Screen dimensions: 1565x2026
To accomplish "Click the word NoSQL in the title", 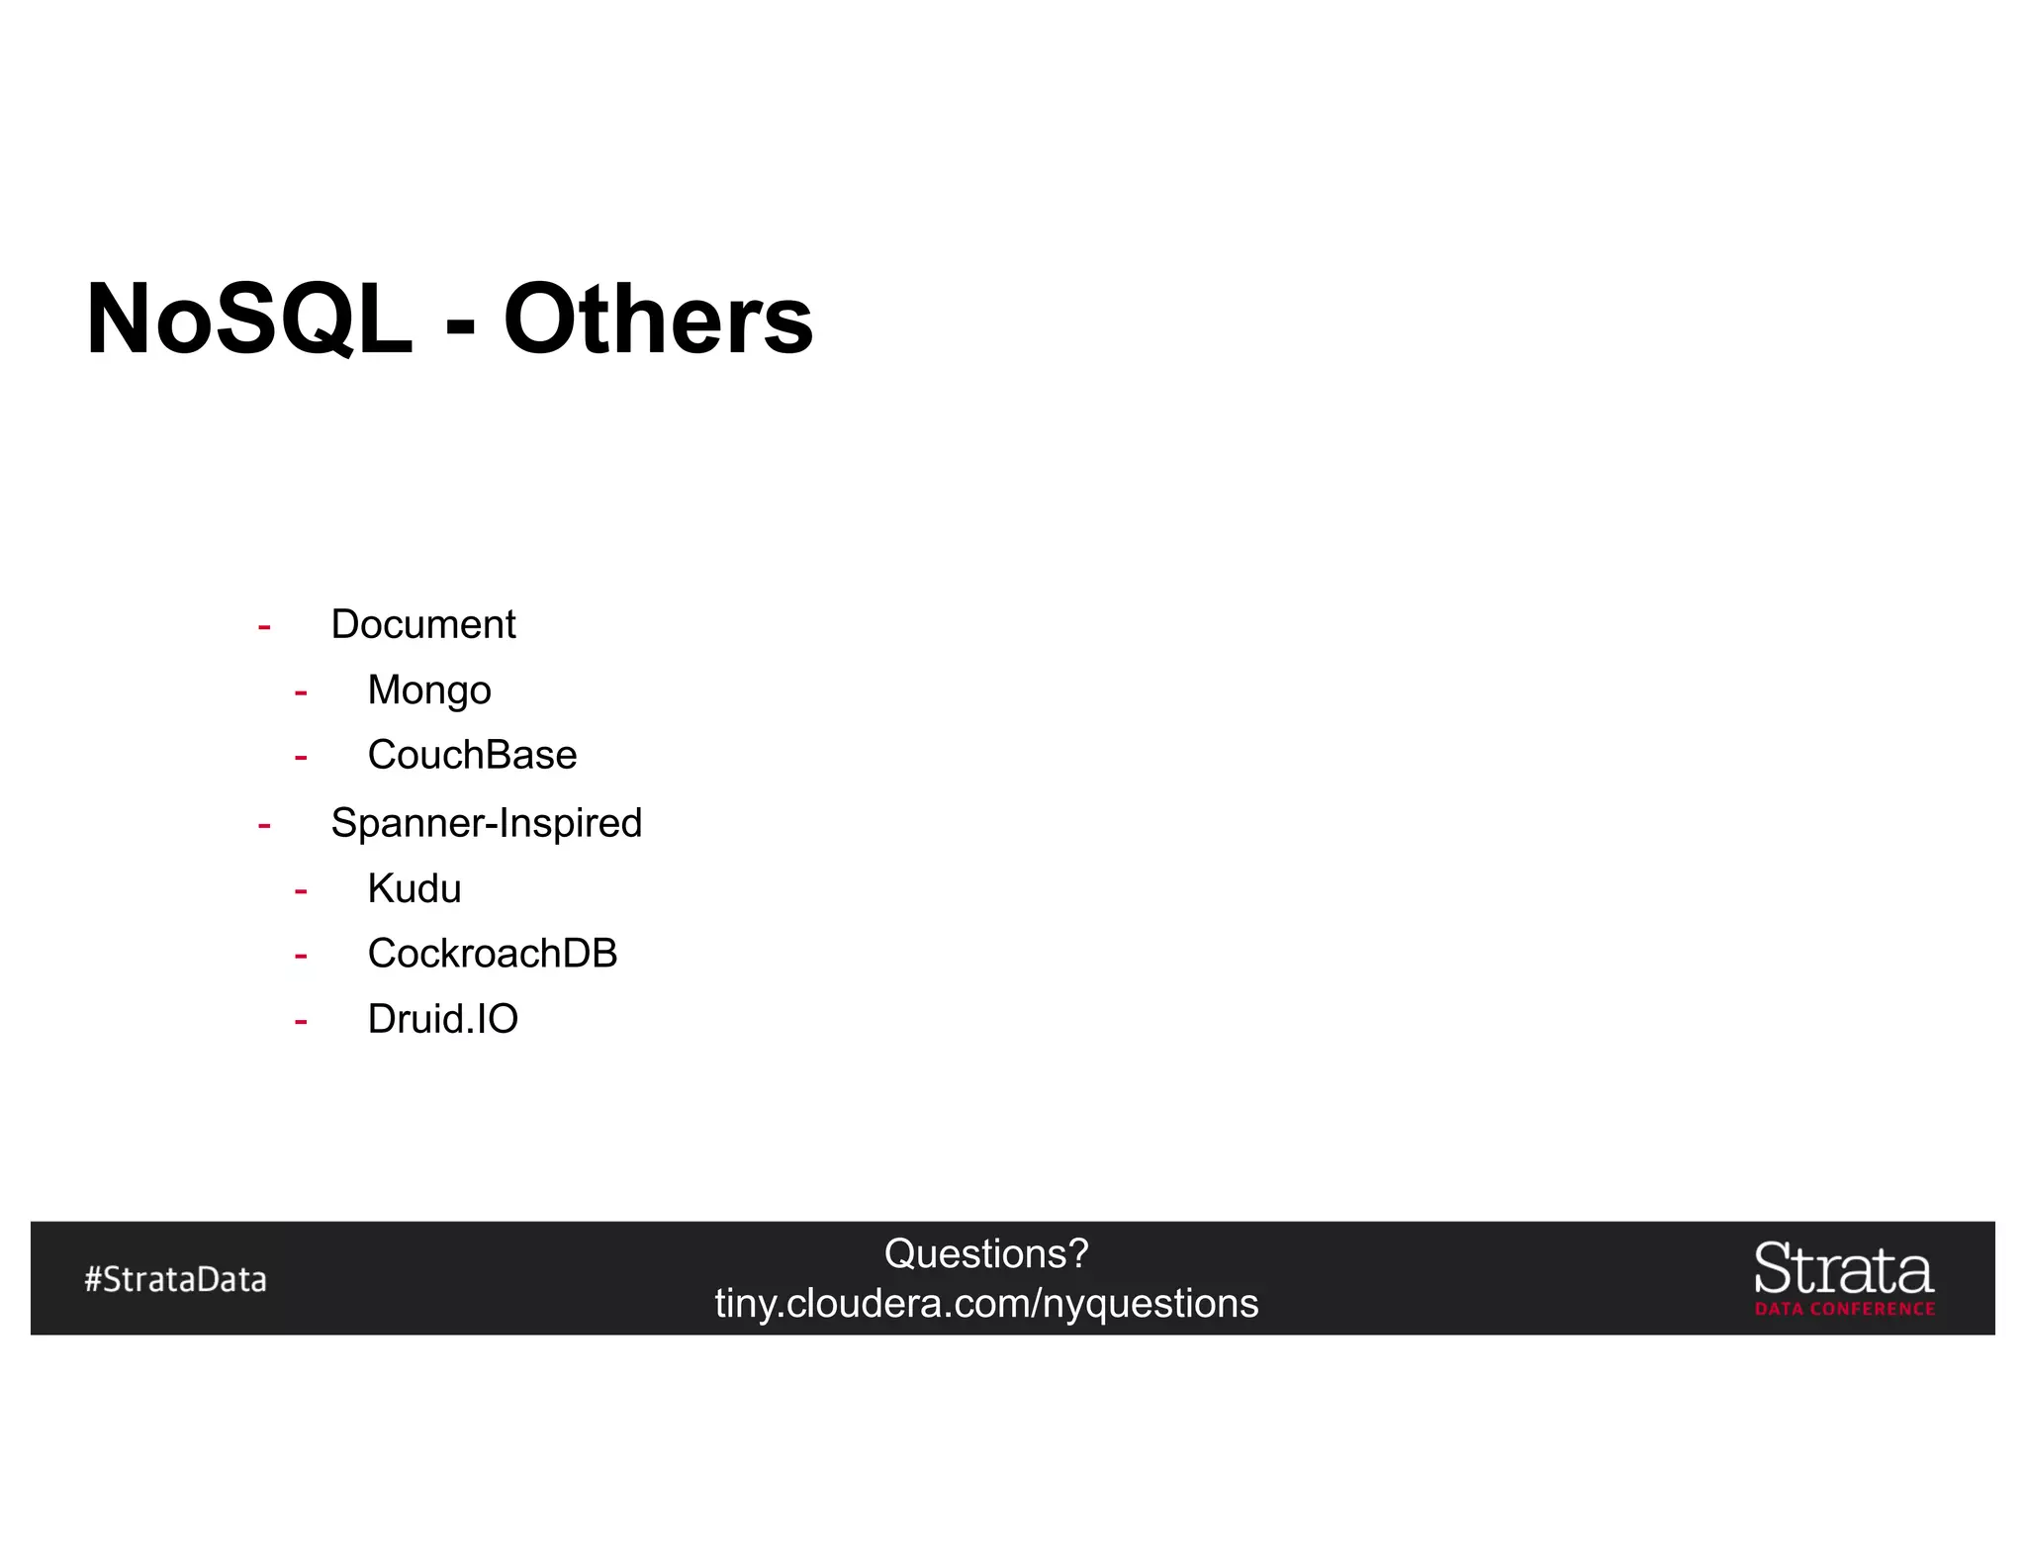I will pos(249,320).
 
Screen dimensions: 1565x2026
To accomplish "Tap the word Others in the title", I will pos(658,320).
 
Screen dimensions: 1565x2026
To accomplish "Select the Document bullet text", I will pos(422,624).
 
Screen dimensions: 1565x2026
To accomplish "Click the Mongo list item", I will pos(429,690).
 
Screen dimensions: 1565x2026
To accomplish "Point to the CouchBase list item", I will pos(472,756).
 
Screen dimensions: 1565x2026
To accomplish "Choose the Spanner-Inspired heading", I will pos(486,823).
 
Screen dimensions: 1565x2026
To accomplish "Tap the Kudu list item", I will pos(414,888).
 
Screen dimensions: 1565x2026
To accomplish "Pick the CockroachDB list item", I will pos(493,954).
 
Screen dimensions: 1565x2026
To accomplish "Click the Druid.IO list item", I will pos(442,1019).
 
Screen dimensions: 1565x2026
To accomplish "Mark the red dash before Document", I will pos(264,627).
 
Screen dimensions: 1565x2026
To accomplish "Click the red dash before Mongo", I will pos(301,692).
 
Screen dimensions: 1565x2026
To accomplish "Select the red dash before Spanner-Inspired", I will pos(264,825).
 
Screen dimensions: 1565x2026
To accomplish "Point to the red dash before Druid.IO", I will pos(301,1021).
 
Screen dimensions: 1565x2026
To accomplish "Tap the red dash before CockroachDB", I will pos(301,956).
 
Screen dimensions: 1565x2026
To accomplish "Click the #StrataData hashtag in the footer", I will pos(175,1279).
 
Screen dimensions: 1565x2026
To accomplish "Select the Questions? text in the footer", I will pos(986,1254).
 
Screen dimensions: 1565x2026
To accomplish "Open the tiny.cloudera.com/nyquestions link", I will pos(986,1304).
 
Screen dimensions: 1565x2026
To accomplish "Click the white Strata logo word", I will pos(1843,1269).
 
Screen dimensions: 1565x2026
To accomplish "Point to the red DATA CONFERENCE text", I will pos(1844,1309).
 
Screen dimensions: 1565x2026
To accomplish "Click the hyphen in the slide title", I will pos(459,324).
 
